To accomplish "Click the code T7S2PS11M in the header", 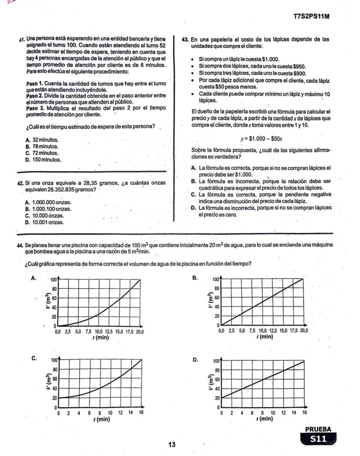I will (311, 17).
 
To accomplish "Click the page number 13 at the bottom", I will (172, 444).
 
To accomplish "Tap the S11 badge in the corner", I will (318, 439).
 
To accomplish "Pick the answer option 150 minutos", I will (43, 160).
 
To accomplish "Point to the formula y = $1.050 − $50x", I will (262, 139).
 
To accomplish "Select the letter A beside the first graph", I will (34, 279).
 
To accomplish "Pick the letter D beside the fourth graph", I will (195, 360).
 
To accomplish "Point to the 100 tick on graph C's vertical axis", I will (54, 360).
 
